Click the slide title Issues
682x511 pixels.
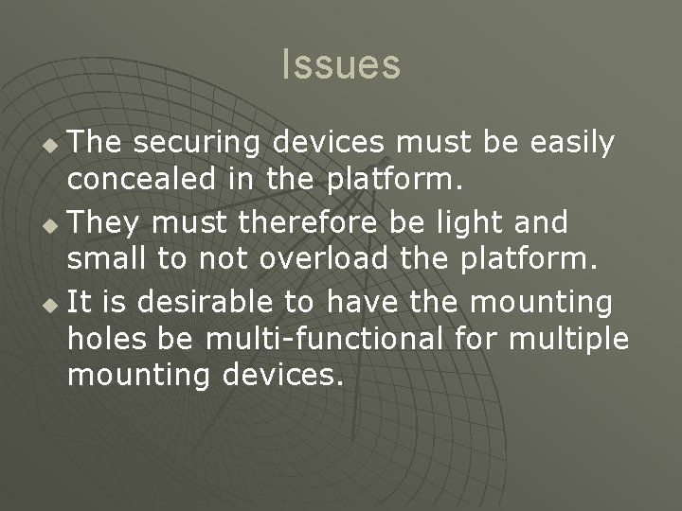pyautogui.click(x=341, y=64)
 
